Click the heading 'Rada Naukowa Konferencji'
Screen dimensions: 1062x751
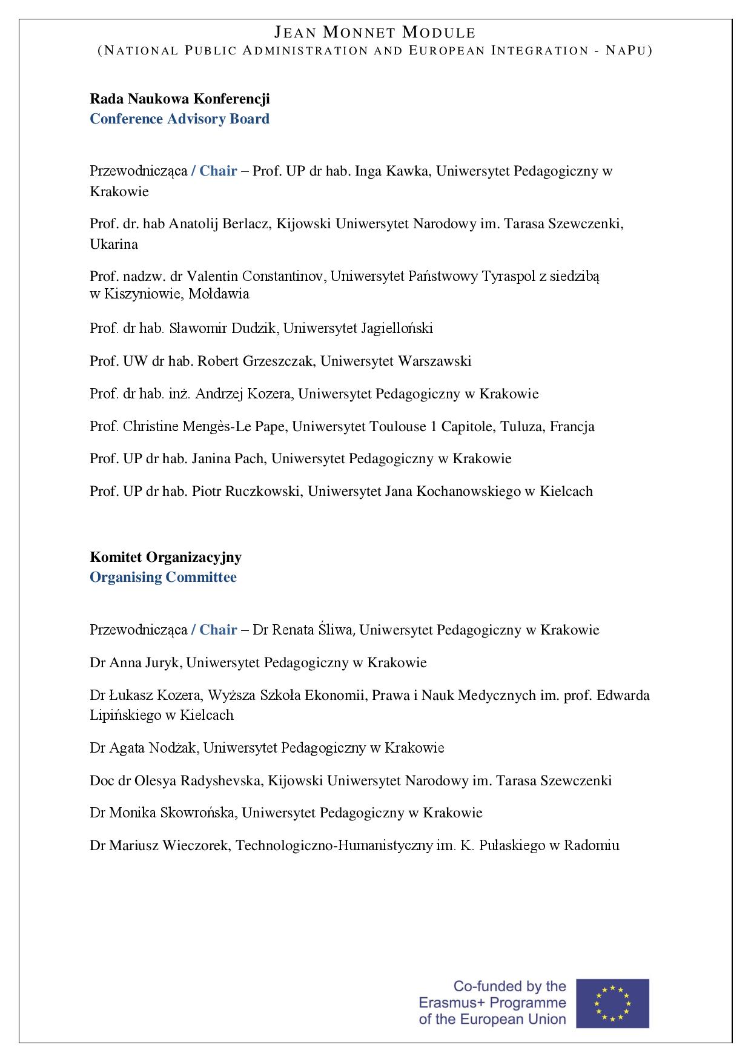(x=180, y=99)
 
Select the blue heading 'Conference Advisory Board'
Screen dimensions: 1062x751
(x=180, y=119)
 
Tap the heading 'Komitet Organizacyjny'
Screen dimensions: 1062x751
(x=165, y=557)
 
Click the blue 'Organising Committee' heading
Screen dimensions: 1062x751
(x=163, y=577)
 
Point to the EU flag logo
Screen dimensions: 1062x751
(x=612, y=1003)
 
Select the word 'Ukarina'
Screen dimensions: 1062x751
(x=114, y=245)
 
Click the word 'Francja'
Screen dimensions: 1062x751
(x=572, y=427)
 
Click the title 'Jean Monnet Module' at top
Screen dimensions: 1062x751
(x=375, y=33)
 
